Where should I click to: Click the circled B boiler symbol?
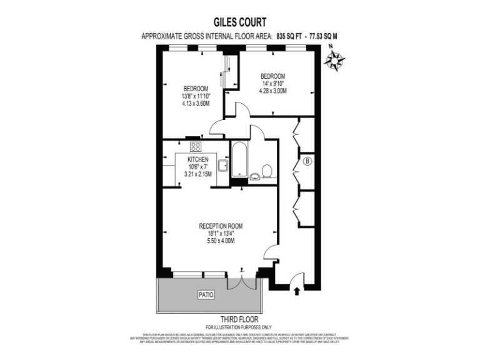point(307,162)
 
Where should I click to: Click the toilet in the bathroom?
point(267,171)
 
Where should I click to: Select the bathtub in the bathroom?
point(240,160)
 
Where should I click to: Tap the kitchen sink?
point(222,165)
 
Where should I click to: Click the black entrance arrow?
point(297,289)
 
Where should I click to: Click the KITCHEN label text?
point(197,159)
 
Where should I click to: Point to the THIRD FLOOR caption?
point(240,319)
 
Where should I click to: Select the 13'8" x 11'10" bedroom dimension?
point(196,96)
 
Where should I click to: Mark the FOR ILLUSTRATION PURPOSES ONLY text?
point(240,327)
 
